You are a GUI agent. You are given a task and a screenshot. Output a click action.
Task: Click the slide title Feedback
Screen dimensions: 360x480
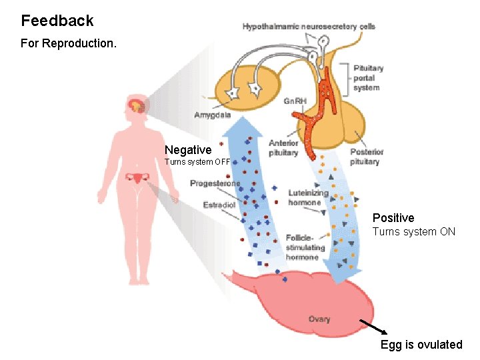pyautogui.click(x=57, y=21)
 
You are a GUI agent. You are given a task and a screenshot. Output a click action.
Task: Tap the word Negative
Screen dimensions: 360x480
pyautogui.click(x=188, y=150)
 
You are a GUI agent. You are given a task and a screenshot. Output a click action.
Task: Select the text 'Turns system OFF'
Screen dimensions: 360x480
pyautogui.click(x=197, y=161)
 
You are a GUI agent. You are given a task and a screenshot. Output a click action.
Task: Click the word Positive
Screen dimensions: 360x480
pyautogui.click(x=393, y=218)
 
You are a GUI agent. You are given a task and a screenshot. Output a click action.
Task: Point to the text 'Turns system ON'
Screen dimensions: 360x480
pyautogui.click(x=413, y=232)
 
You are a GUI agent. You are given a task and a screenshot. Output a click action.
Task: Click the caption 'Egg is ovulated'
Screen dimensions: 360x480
pyautogui.click(x=421, y=345)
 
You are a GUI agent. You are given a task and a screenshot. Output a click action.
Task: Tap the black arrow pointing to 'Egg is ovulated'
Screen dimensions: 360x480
pyautogui.click(x=373, y=326)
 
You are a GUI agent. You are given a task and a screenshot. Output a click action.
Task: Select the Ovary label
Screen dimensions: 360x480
pyautogui.click(x=319, y=319)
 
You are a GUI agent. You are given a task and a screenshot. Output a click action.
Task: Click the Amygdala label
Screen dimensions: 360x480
pyautogui.click(x=213, y=115)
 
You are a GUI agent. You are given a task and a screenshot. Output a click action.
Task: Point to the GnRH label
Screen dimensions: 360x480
pyautogui.click(x=295, y=101)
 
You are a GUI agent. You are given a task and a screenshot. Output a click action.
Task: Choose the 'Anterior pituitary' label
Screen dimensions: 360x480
pyautogui.click(x=283, y=148)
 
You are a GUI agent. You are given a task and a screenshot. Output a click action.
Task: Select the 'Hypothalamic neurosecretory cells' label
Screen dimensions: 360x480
pyautogui.click(x=309, y=27)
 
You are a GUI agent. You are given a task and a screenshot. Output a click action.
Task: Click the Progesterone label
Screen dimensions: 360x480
pyautogui.click(x=215, y=183)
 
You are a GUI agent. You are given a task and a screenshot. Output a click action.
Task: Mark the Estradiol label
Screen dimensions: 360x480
pyautogui.click(x=219, y=205)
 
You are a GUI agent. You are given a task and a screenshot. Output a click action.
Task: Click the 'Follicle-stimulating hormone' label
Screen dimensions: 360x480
pyautogui.click(x=305, y=247)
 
